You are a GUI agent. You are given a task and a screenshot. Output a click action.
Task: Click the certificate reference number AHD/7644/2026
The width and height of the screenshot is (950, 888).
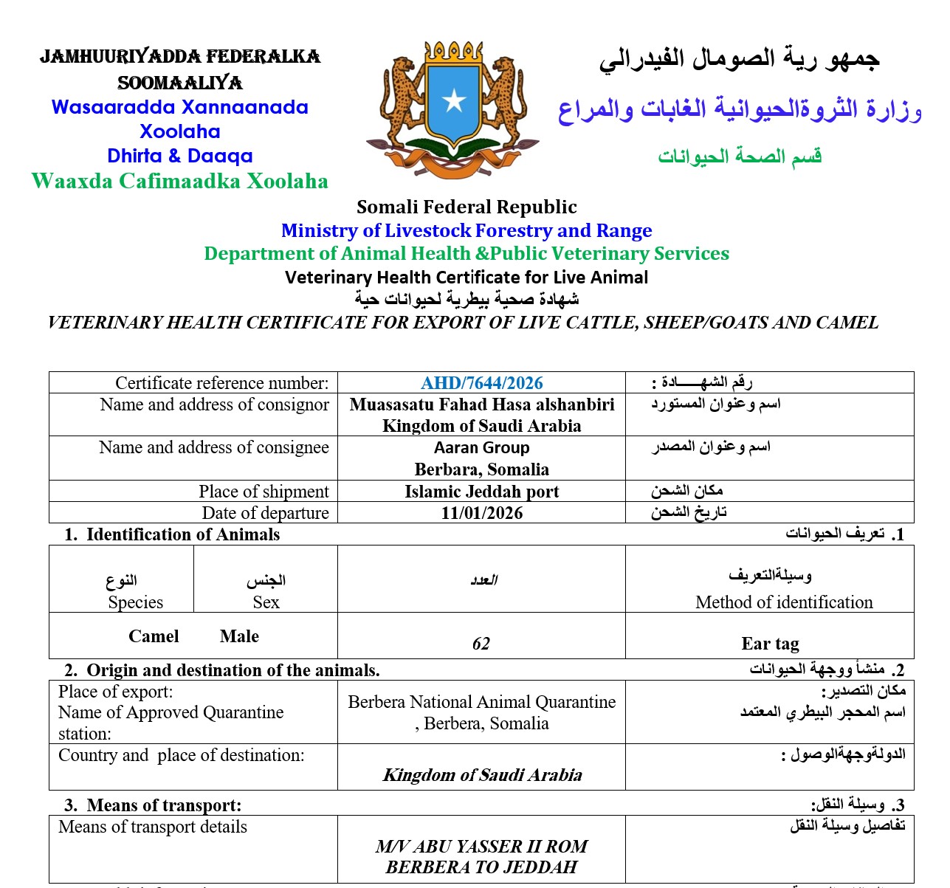(481, 383)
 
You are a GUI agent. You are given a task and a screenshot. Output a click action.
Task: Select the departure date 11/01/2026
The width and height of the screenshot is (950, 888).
(481, 513)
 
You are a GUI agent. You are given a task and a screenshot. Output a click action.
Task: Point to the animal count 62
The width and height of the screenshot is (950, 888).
(481, 644)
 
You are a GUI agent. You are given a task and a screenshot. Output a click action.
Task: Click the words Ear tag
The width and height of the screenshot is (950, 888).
(770, 644)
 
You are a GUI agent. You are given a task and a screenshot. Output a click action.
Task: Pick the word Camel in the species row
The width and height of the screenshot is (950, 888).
(154, 636)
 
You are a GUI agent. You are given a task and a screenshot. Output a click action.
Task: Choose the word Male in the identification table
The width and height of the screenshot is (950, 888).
(239, 636)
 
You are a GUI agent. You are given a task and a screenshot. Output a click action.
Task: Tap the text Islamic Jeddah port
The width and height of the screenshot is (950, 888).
(481, 492)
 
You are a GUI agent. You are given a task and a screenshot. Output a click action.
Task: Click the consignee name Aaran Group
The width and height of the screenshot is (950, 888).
(481, 448)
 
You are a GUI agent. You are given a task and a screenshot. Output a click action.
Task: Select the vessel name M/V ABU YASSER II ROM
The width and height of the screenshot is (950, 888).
(481, 846)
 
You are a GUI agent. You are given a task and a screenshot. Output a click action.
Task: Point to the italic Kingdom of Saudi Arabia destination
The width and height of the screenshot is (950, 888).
(482, 775)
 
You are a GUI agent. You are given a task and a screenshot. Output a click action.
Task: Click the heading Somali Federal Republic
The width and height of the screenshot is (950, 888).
(467, 207)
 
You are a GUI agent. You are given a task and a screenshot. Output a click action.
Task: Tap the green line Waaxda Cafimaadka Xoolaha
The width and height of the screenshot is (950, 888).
(180, 182)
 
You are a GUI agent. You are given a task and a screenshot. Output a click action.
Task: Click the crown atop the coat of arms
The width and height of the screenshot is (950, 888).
(453, 52)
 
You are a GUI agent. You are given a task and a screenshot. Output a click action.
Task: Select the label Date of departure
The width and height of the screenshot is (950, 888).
(265, 513)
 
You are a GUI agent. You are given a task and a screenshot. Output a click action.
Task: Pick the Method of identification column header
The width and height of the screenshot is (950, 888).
(784, 602)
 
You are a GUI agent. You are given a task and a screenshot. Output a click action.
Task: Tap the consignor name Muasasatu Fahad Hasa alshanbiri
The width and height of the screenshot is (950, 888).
(481, 405)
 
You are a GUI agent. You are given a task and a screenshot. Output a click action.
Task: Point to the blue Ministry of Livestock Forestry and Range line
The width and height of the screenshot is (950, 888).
(467, 231)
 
